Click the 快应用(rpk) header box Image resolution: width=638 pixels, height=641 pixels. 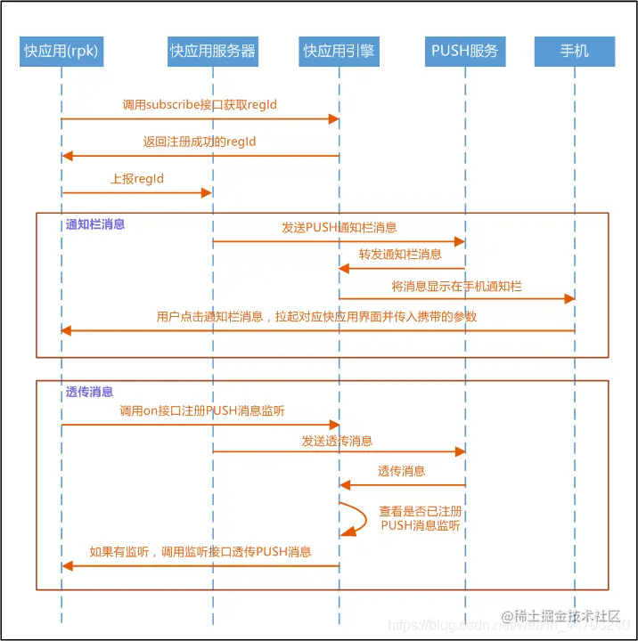[x=61, y=52]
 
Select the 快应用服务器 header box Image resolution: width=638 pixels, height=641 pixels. [x=213, y=52]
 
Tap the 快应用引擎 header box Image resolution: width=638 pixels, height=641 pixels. [x=339, y=52]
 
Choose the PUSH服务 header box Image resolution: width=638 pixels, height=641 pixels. [x=465, y=52]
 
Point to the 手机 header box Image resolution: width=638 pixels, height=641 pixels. [x=575, y=52]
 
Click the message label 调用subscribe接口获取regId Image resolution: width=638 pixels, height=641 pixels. [x=200, y=105]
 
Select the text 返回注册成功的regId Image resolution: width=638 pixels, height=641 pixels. [x=200, y=142]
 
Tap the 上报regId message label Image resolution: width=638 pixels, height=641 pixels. [x=137, y=179]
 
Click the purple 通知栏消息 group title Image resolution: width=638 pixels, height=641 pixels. [x=95, y=224]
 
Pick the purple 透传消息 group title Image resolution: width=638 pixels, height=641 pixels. [x=89, y=392]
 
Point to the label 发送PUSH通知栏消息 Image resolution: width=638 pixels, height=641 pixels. [x=339, y=228]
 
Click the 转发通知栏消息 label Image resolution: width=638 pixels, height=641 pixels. [x=400, y=255]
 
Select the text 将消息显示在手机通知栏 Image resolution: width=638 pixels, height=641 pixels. [x=457, y=287]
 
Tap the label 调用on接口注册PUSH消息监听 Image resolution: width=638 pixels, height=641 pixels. [x=202, y=411]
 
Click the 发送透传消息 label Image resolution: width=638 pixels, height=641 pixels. [x=337, y=441]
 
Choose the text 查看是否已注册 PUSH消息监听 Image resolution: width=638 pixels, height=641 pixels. [x=421, y=519]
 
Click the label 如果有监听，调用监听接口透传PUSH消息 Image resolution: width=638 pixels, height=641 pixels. [x=200, y=552]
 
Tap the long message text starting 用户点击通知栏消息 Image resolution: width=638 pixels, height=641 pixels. [x=316, y=317]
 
